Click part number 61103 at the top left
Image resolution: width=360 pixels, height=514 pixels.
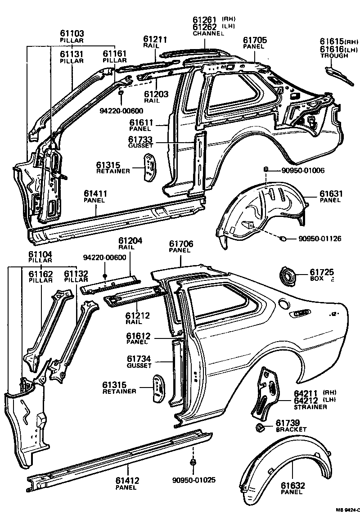72,34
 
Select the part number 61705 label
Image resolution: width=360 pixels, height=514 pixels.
255,41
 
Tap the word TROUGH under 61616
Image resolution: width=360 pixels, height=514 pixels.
334,56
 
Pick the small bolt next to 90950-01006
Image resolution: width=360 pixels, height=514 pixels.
266,169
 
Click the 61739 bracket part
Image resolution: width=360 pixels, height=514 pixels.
260,427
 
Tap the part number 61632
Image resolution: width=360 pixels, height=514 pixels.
293,486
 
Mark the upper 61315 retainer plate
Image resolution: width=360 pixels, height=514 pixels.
149,167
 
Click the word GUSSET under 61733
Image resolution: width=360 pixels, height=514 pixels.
140,146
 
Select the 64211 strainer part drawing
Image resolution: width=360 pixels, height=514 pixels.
265,392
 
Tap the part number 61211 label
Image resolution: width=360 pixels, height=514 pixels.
155,40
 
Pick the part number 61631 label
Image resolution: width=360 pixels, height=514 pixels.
331,194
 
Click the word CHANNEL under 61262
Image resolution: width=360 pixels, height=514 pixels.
208,34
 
